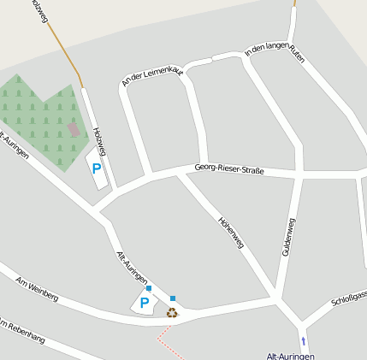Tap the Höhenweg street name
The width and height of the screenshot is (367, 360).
pyautogui.click(x=232, y=231)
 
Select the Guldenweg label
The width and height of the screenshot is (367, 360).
pyautogui.click(x=289, y=238)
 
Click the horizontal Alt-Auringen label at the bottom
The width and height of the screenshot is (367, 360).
pyautogui.click(x=291, y=355)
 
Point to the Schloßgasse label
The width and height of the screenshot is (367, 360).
pyautogui.click(x=350, y=299)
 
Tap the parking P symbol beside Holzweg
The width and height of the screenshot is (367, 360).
pyautogui.click(x=97, y=168)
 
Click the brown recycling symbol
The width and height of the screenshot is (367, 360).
pyautogui.click(x=172, y=312)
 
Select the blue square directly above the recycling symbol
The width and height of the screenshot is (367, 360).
pyautogui.click(x=173, y=298)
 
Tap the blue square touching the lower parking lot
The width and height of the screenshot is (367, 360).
pyautogui.click(x=149, y=289)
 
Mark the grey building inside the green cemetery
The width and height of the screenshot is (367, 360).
pyautogui.click(x=74, y=129)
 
